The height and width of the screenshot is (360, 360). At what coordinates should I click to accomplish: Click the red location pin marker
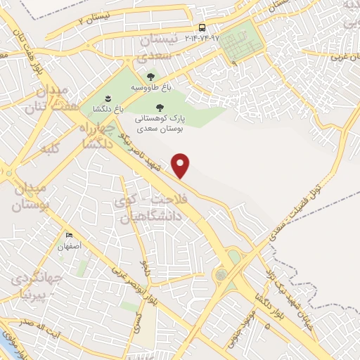click(181, 165)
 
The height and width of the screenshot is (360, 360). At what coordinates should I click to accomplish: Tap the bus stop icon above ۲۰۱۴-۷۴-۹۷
click(202, 27)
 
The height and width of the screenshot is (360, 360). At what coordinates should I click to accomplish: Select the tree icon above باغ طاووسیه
click(149, 77)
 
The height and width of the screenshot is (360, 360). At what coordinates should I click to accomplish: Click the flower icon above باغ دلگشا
click(108, 99)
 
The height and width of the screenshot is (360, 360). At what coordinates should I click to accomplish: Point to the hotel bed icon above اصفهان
click(68, 236)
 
